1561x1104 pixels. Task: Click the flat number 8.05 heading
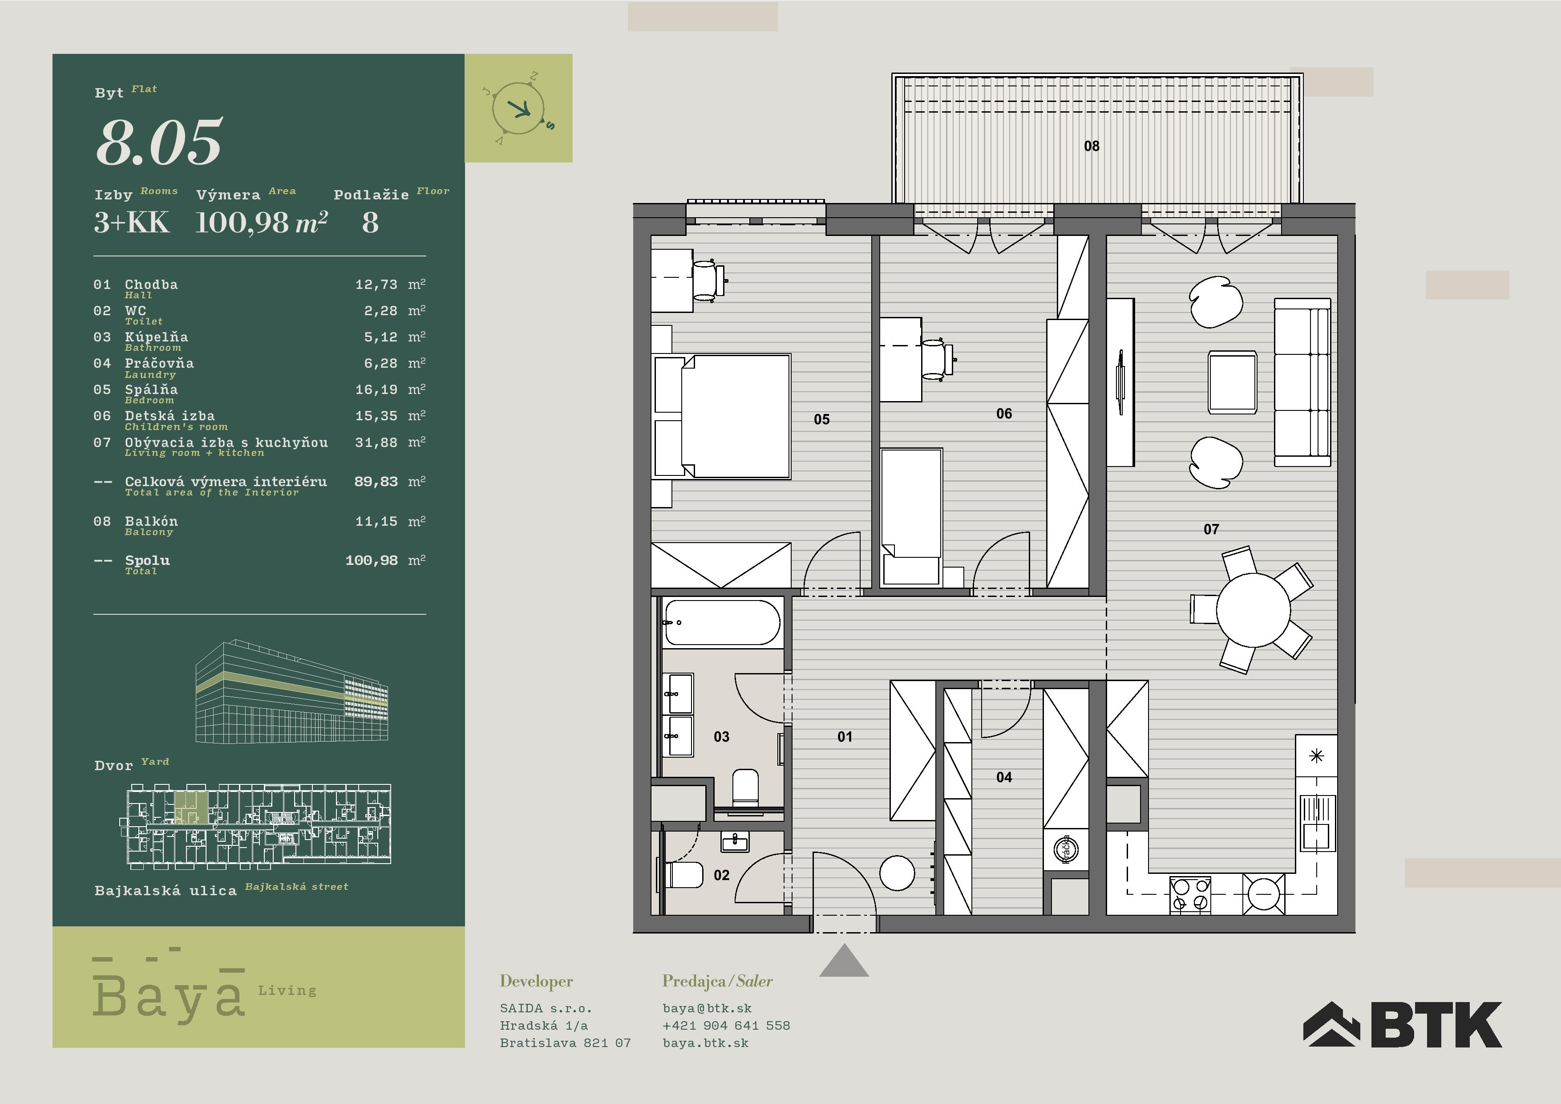click(x=159, y=142)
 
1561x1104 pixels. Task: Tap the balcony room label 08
click(x=1091, y=146)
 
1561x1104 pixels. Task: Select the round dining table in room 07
click(x=1253, y=609)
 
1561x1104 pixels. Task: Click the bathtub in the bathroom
click(x=722, y=622)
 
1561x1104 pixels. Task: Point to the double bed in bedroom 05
click(x=722, y=416)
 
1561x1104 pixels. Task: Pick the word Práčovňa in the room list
click(x=159, y=363)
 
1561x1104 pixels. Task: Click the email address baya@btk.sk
click(x=707, y=1008)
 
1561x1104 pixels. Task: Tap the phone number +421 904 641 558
click(x=726, y=1025)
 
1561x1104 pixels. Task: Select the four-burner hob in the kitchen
click(x=1190, y=894)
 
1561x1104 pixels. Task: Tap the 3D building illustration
click(x=292, y=691)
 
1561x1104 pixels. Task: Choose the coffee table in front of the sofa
click(x=1232, y=382)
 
